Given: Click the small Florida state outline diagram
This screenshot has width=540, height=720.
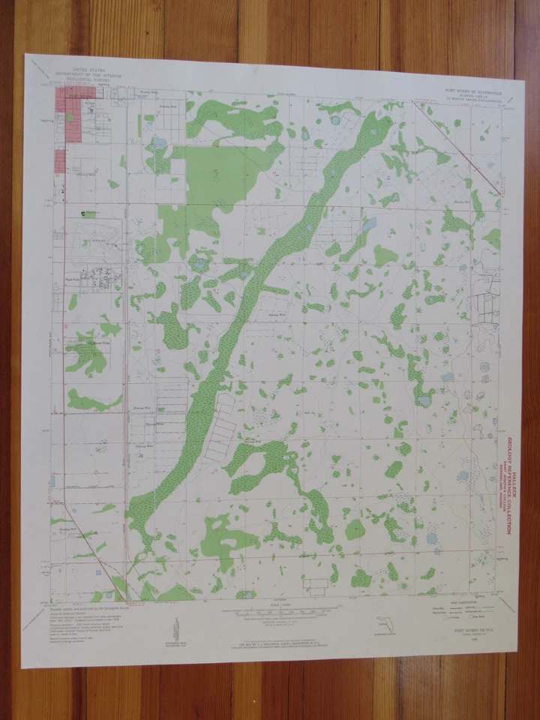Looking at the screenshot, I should click(379, 623).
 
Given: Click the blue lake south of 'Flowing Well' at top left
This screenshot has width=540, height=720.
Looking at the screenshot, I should click(158, 141).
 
